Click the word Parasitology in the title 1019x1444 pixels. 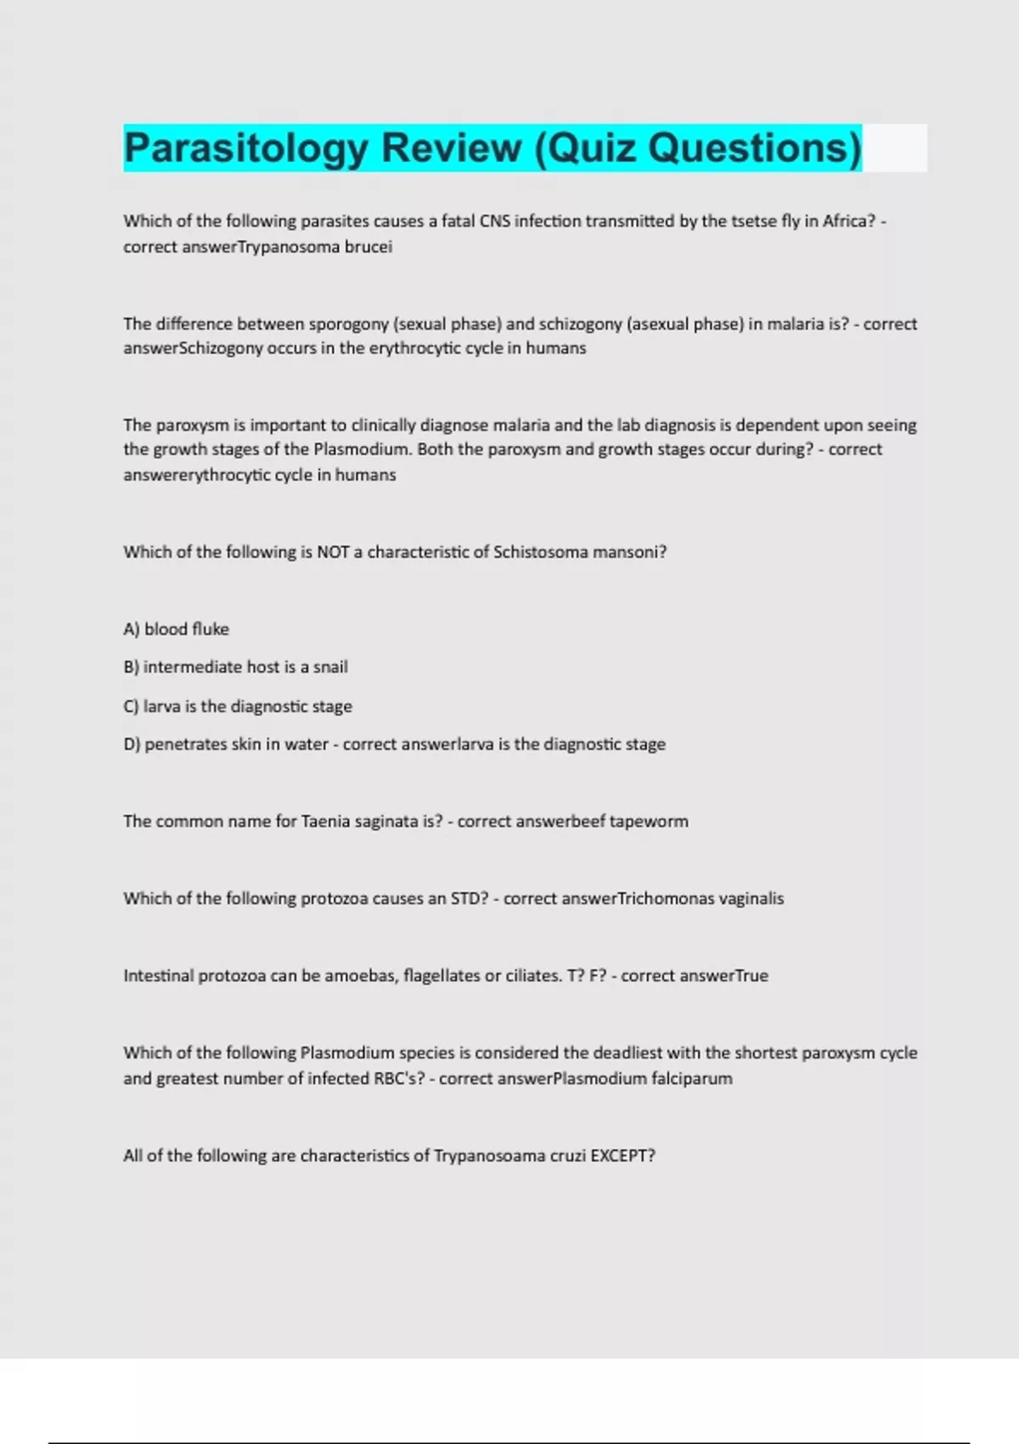tap(245, 149)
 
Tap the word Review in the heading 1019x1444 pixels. tap(451, 149)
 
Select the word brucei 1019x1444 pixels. tap(368, 247)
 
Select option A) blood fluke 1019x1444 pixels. tap(177, 629)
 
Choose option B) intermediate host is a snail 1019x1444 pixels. tap(236, 668)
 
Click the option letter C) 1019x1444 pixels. tap(131, 707)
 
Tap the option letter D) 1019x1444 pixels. tap(132, 745)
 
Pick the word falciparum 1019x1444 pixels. tap(691, 1079)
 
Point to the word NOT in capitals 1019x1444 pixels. tap(333, 552)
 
